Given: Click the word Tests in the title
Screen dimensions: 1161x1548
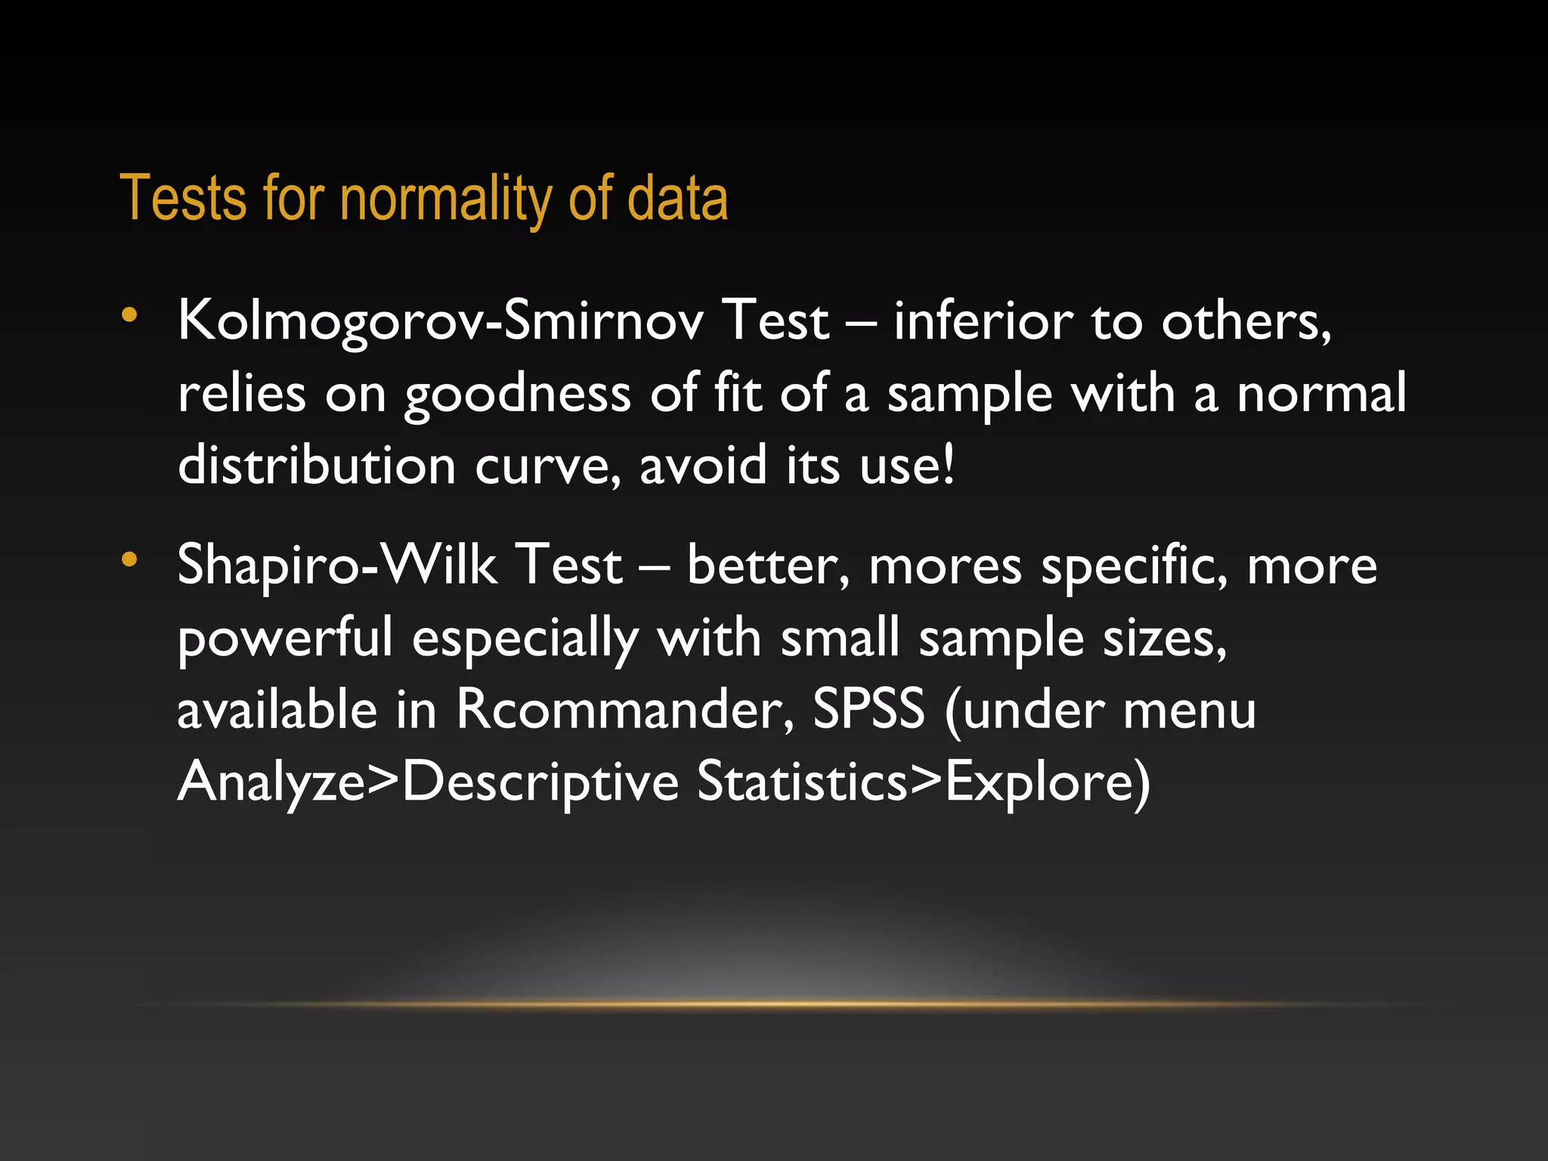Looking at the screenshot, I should [183, 198].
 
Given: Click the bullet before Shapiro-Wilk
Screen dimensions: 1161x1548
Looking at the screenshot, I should [130, 559].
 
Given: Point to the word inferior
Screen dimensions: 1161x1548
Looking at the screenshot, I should [983, 320].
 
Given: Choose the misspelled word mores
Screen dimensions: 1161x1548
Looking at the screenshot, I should [946, 565].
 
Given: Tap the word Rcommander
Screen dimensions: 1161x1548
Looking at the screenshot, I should [625, 710].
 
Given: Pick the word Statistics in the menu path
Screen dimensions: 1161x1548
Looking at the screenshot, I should [802, 781].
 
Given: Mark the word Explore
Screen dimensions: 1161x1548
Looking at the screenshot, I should [1038, 782].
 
